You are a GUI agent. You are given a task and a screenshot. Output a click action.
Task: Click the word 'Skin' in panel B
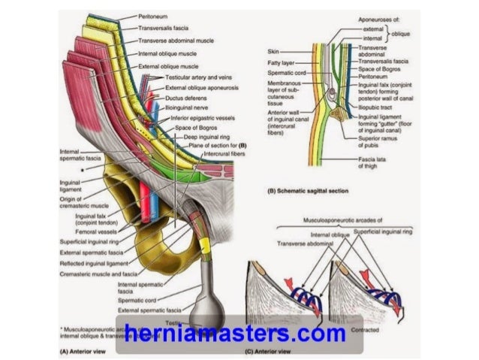pos(273,51)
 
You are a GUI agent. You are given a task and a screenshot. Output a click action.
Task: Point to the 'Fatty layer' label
pos(282,63)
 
